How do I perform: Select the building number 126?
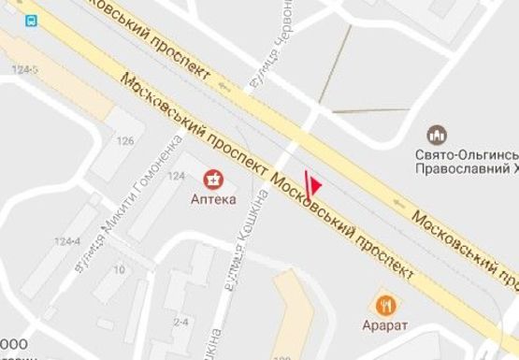(124, 141)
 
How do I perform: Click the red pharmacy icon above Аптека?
(215, 178)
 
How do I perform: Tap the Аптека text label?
(215, 199)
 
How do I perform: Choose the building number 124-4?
(67, 241)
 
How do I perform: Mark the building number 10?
(119, 269)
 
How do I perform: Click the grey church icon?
(437, 134)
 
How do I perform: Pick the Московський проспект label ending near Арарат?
(343, 222)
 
